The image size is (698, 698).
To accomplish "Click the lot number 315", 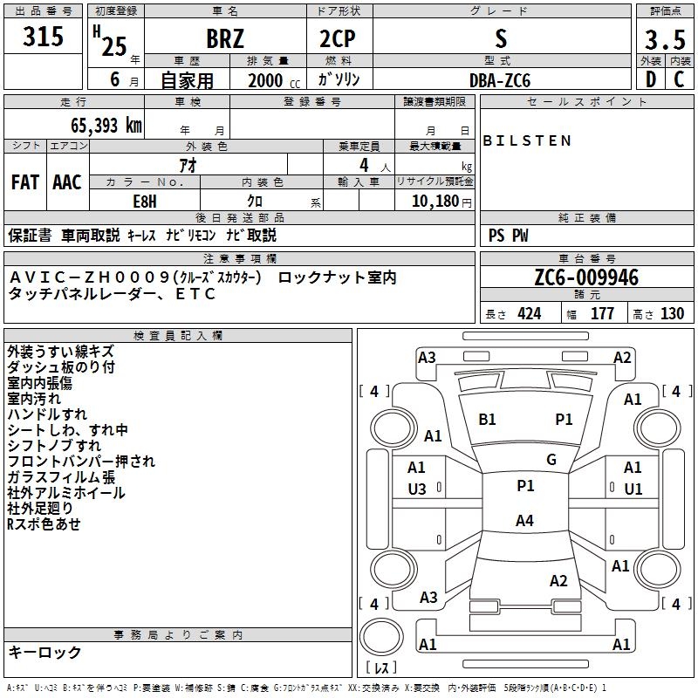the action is point(44,38).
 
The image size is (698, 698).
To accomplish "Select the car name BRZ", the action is point(225,40).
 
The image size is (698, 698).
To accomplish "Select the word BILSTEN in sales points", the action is point(527,140).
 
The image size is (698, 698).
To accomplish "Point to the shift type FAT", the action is point(24,182).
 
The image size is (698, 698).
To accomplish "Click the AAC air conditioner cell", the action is point(66,182).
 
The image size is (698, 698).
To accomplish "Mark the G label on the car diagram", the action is point(551,460).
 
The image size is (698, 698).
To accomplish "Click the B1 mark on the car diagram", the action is point(487,420).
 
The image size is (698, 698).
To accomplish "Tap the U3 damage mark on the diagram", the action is point(417,489).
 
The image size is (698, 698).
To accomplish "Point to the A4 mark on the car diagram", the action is point(524,521).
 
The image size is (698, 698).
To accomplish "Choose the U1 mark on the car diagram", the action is point(633,489).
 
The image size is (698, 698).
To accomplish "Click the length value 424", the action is point(529,313).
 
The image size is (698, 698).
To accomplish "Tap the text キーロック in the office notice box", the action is point(44,652).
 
